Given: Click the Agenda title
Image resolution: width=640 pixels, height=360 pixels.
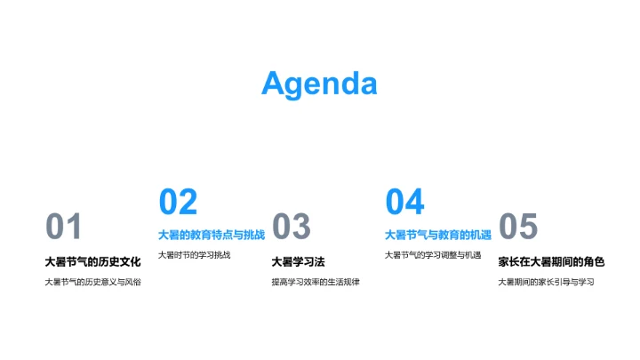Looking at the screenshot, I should pos(319,84).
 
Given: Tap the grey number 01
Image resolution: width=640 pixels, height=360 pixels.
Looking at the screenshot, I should pos(63,228).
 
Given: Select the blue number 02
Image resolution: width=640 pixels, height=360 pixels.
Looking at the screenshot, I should pos(178,203).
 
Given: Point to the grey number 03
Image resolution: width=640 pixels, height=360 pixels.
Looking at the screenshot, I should pos(292,228).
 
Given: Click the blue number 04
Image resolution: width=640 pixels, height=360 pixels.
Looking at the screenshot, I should pos(404,203).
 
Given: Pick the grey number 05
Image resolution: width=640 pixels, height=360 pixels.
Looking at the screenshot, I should pos(518,228).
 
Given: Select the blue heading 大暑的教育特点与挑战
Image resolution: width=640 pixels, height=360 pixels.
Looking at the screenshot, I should pos(212,235).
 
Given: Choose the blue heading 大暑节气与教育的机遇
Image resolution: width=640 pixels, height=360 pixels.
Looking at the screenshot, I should pos(438,235).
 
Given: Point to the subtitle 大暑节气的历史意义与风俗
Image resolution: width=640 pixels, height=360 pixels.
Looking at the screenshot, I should pos(92,282).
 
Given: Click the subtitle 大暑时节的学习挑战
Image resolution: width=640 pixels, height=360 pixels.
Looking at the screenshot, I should pos(194,255).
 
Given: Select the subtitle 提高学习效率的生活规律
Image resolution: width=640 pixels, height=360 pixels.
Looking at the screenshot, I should pos(316,282).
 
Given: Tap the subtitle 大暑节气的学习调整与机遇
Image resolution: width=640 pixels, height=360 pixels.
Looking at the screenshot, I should pos(432,255).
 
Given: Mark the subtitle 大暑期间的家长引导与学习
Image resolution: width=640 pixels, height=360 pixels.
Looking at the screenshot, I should pos(545,282).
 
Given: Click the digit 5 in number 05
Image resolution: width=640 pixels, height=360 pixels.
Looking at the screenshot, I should pos(529,228).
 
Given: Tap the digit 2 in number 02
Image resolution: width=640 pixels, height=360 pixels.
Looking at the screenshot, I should pos(188,203).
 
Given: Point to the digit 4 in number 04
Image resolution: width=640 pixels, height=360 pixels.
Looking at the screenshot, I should pos(415,203).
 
